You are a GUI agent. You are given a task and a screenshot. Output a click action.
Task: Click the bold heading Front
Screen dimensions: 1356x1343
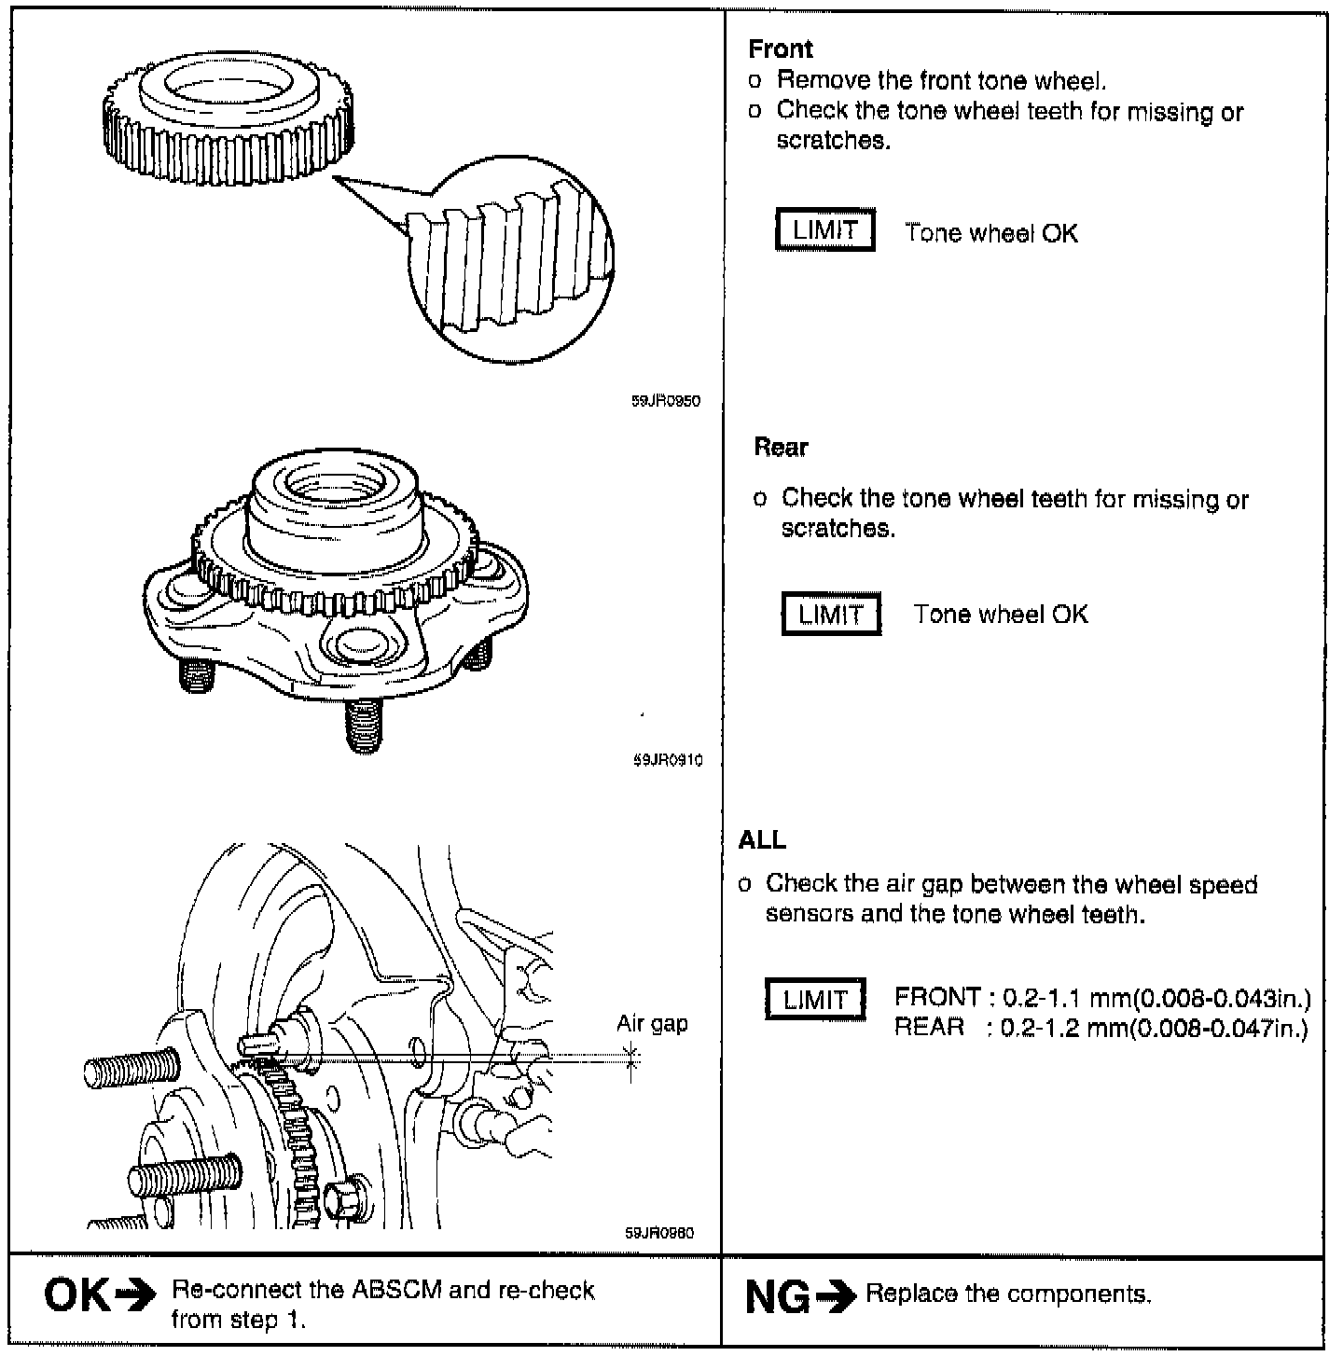pyautogui.click(x=781, y=49)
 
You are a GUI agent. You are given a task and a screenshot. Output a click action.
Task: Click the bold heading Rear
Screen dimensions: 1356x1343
pyautogui.click(x=781, y=448)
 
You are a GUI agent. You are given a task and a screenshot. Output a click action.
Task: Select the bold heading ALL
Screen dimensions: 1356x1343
pyautogui.click(x=762, y=840)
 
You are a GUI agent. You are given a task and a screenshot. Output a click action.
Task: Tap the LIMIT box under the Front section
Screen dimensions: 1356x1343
pyautogui.click(x=825, y=231)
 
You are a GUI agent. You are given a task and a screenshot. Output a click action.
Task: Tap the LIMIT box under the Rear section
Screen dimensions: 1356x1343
pyautogui.click(x=830, y=615)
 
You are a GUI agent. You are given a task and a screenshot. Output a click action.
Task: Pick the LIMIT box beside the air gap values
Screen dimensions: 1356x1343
pyautogui.click(x=814, y=1000)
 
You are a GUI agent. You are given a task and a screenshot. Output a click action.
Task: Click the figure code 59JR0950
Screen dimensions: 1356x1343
pyautogui.click(x=666, y=401)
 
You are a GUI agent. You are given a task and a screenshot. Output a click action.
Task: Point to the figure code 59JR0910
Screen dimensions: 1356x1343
pyautogui.click(x=666, y=760)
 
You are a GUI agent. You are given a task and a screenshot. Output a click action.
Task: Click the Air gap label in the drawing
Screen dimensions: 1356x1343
pyautogui.click(x=652, y=1024)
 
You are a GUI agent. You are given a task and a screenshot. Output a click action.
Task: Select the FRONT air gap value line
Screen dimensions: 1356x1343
pyautogui.click(x=1102, y=998)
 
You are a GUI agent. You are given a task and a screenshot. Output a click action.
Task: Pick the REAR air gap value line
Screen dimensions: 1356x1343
pyautogui.click(x=1101, y=1028)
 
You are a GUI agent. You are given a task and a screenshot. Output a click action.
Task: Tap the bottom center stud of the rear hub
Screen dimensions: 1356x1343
pyautogui.click(x=364, y=723)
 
